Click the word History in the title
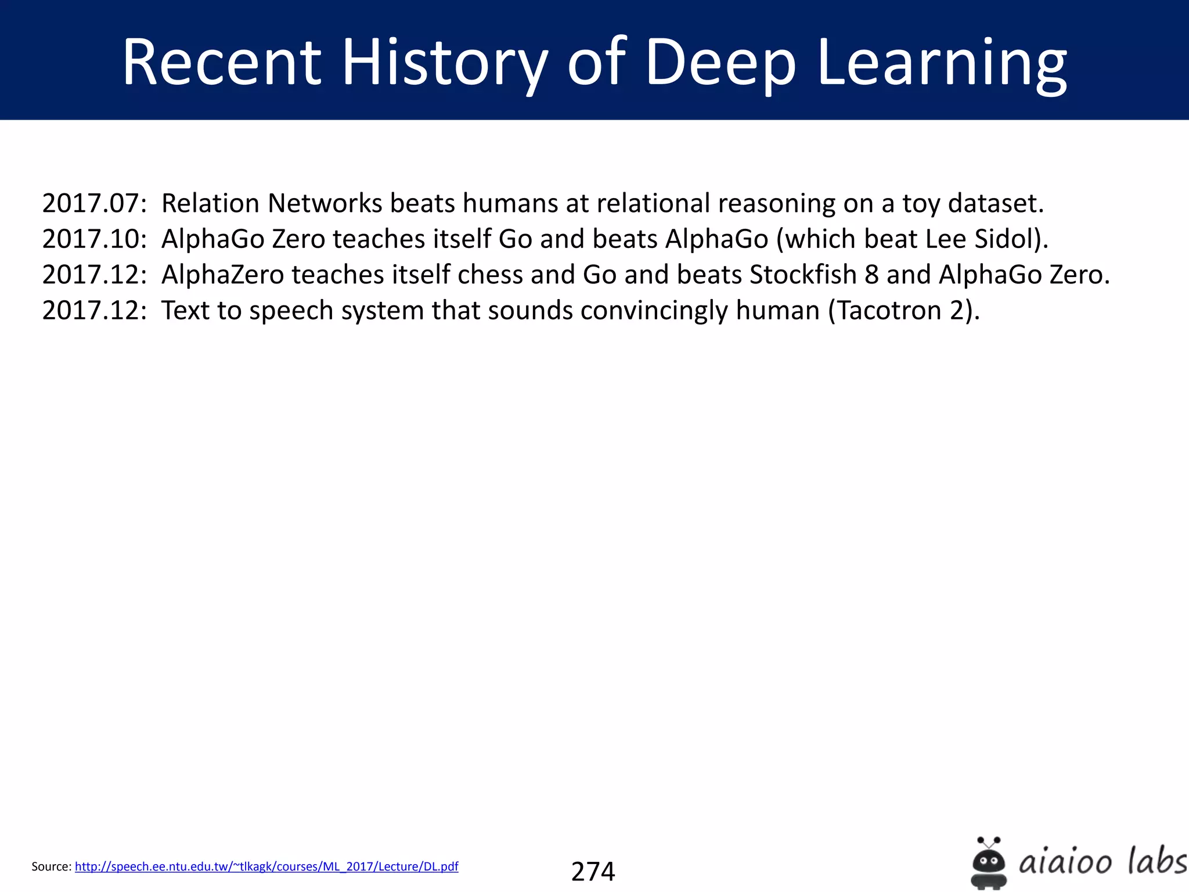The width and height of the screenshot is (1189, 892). point(444,63)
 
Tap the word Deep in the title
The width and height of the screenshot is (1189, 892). point(720,63)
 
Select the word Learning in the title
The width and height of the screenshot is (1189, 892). point(942,63)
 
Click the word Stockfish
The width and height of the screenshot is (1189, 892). point(803,275)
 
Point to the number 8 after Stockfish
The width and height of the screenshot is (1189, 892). point(871,275)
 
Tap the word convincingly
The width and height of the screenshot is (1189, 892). point(654,310)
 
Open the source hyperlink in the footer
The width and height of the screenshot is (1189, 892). point(266,866)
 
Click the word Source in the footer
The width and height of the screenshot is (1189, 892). point(51,866)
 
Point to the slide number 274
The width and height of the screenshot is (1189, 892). point(593,871)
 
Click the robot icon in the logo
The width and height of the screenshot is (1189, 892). point(989,862)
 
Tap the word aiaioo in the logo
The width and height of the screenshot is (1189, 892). point(1065,862)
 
